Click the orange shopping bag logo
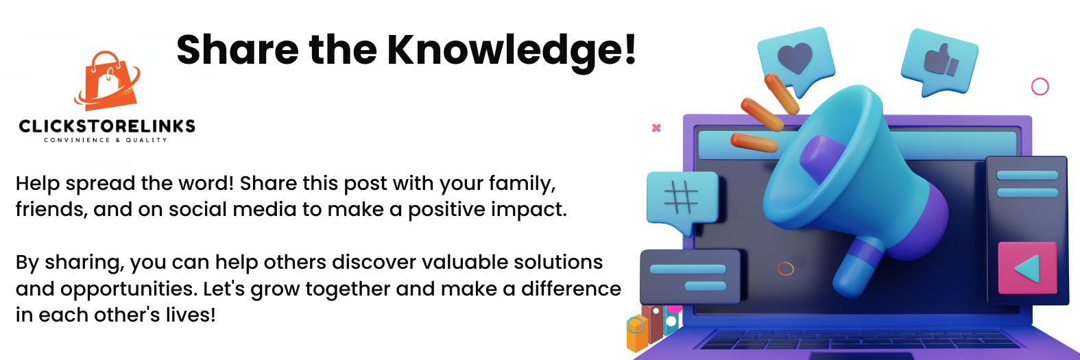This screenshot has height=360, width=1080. [x=108, y=80]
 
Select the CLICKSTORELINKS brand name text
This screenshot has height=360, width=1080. [x=107, y=126]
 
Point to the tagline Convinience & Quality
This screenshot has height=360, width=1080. [x=106, y=141]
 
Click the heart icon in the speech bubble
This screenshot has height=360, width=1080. [x=795, y=58]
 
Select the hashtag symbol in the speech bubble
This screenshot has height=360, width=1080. [x=681, y=197]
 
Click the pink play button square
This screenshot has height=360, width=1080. [x=1027, y=268]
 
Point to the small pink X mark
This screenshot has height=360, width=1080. [x=656, y=128]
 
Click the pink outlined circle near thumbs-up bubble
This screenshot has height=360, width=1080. [x=1040, y=87]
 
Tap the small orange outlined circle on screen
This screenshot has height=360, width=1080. [x=785, y=268]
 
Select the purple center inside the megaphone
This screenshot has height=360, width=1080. [x=824, y=159]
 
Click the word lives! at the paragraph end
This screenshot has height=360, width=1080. [x=191, y=315]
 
